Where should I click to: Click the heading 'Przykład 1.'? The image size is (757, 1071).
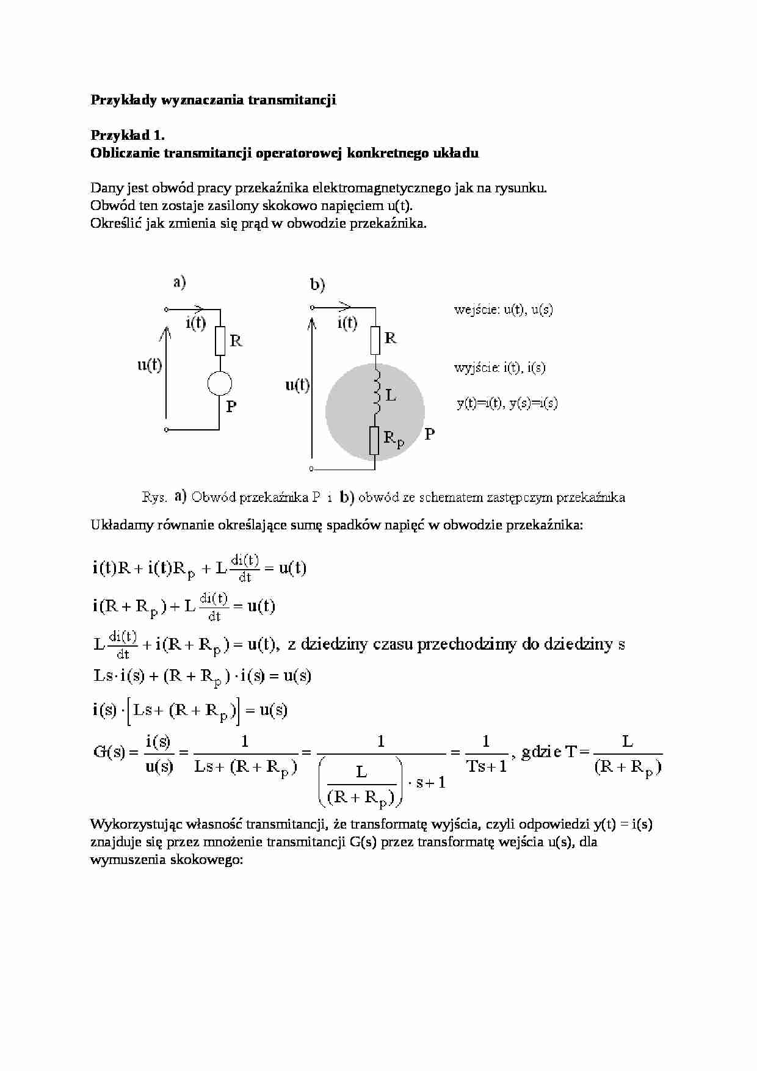127,135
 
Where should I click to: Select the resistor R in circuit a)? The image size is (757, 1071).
220,341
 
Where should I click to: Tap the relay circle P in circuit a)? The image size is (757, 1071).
220,383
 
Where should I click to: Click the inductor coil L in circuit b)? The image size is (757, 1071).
376,391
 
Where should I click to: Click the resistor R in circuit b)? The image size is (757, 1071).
375,340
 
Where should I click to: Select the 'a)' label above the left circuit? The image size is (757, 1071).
179,282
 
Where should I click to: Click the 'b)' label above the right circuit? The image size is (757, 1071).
317,285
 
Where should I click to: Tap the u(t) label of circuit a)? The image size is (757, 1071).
150,365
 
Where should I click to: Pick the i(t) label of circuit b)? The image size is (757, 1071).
347,322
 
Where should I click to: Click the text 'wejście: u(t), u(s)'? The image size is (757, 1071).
503,310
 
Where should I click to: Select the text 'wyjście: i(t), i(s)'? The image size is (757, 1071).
499,368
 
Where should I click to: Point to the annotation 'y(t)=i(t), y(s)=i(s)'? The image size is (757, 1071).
507,403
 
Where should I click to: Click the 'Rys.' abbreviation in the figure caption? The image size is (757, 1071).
154,497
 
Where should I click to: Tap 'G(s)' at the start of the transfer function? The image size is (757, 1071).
109,752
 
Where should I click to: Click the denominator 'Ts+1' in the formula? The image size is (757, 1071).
487,766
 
